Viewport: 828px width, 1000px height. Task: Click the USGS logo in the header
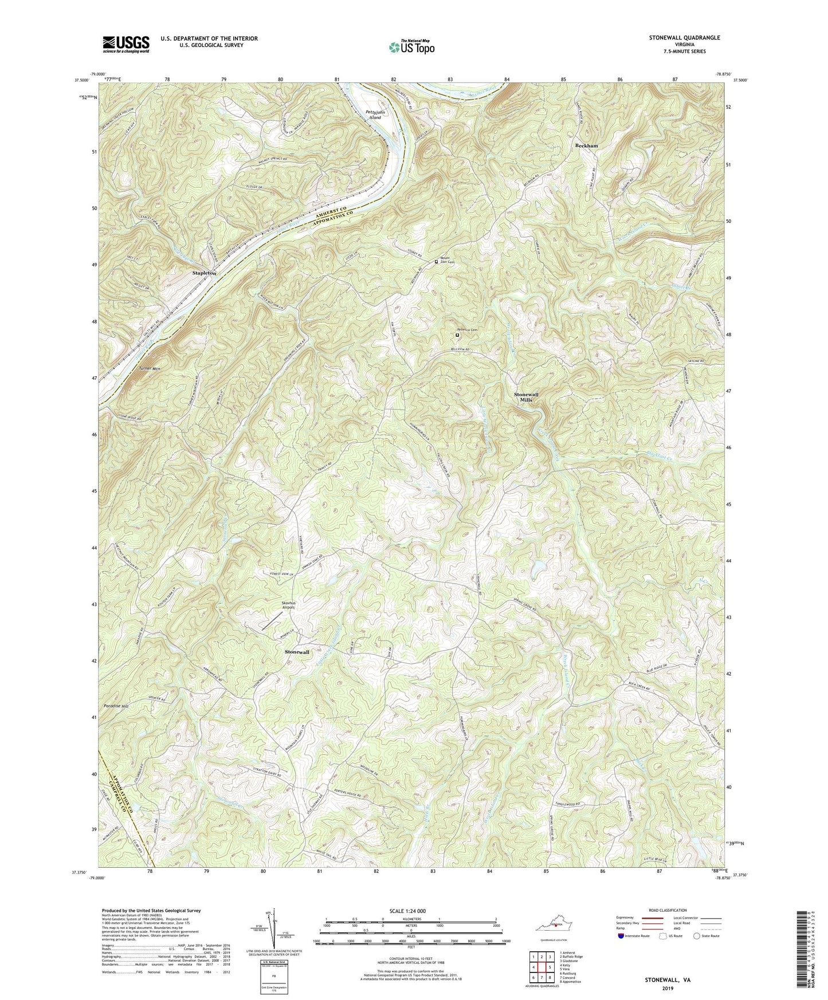click(126, 44)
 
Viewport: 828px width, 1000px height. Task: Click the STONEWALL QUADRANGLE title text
click(685, 37)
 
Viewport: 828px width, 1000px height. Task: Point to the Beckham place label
click(586, 146)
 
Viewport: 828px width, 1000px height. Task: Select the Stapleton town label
click(204, 274)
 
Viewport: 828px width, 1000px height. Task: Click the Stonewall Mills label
click(526, 397)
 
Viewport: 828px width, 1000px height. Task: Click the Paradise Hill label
click(117, 706)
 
